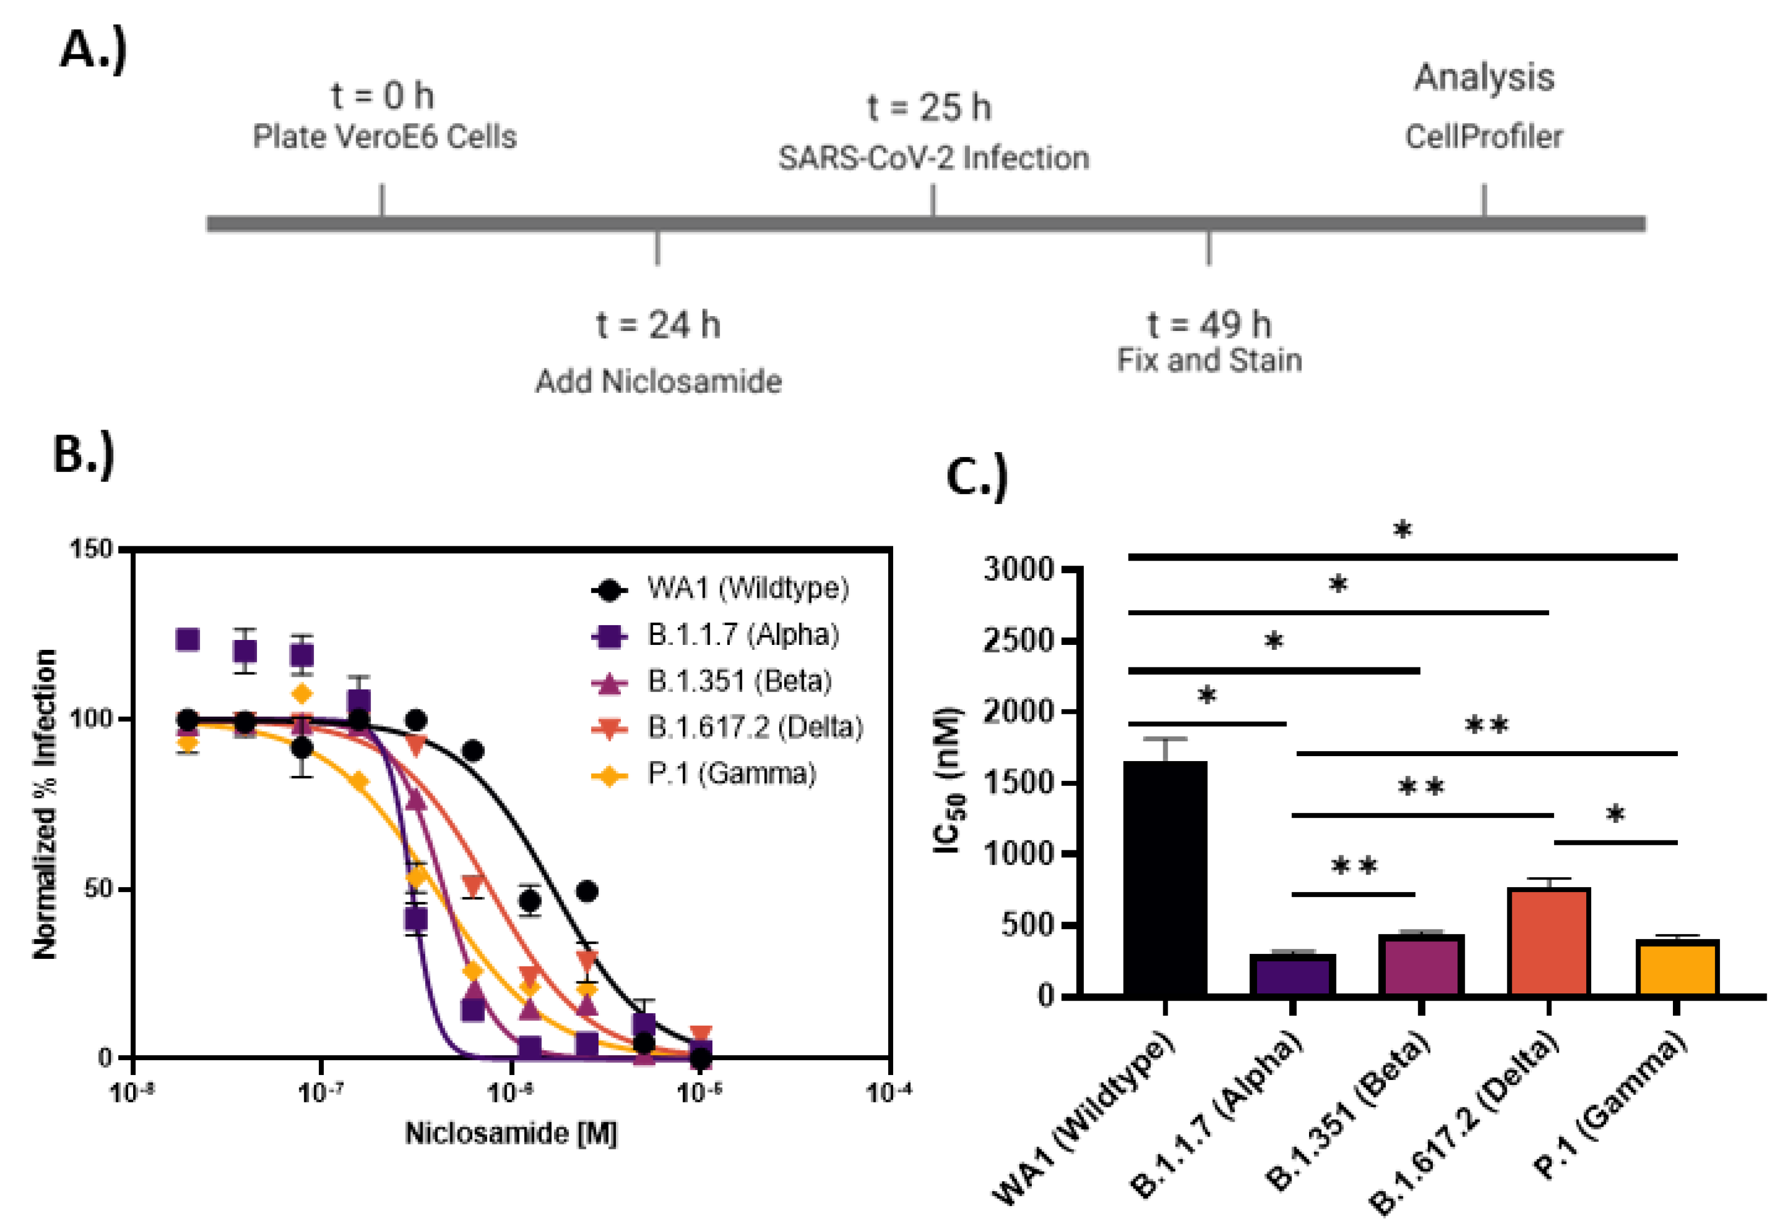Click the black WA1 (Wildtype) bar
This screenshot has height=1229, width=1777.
pyautogui.click(x=1165, y=878)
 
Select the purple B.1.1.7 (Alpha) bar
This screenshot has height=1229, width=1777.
pyautogui.click(x=1293, y=975)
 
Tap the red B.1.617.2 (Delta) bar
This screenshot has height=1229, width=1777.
pyautogui.click(x=1549, y=941)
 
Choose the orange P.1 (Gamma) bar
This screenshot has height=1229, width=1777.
pyautogui.click(x=1677, y=968)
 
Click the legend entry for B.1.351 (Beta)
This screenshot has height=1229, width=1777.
pyautogui.click(x=739, y=681)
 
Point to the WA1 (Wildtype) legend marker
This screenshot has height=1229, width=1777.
pyautogui.click(x=610, y=590)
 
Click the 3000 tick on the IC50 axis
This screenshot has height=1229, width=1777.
pyautogui.click(x=1018, y=569)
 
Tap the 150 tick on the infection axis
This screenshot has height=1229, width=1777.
pyautogui.click(x=91, y=549)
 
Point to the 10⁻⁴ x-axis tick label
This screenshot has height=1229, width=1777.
pyautogui.click(x=889, y=1092)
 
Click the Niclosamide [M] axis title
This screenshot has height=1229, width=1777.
pyautogui.click(x=511, y=1134)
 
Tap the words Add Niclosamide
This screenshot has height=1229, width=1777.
pyautogui.click(x=658, y=381)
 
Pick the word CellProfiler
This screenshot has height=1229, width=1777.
pyautogui.click(x=1484, y=137)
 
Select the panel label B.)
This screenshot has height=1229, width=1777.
pyautogui.click(x=83, y=454)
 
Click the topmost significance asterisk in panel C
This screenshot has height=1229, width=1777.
pyautogui.click(x=1402, y=530)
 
